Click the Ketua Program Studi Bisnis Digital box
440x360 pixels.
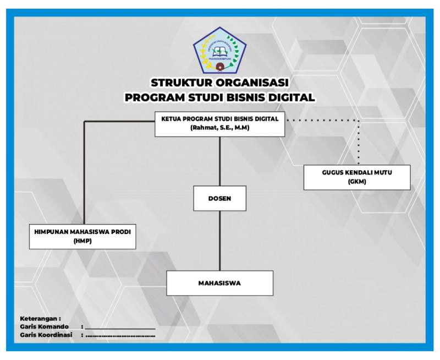(219, 123)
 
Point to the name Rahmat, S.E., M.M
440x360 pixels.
(219, 128)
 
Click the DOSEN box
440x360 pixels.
(219, 199)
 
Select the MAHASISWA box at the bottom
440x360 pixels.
(219, 283)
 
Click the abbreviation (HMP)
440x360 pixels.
(82, 241)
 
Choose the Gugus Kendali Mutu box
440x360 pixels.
(357, 177)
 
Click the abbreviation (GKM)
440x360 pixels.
(357, 182)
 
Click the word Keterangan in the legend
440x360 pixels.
(40, 318)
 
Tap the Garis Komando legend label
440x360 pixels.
(45, 326)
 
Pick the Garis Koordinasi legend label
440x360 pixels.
(46, 334)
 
